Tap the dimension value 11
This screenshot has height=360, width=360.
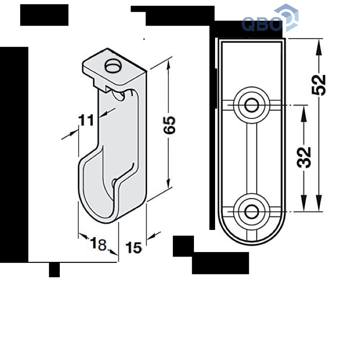tap(86, 120)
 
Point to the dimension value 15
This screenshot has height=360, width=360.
tap(134, 247)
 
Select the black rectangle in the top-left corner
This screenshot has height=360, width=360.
tap(44, 15)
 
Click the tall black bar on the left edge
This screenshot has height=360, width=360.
tap(14, 153)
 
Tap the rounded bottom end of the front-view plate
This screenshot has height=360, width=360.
tap(252, 234)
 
